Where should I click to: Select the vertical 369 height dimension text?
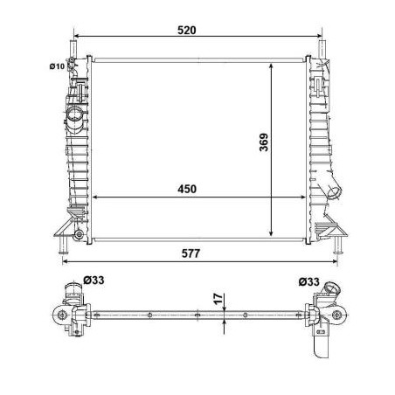(262, 149)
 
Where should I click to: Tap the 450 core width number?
(186, 189)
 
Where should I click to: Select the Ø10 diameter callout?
(57, 65)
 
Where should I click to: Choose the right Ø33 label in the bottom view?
(308, 281)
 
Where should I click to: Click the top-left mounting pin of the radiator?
(75, 49)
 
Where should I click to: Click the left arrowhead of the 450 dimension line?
(94, 196)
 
